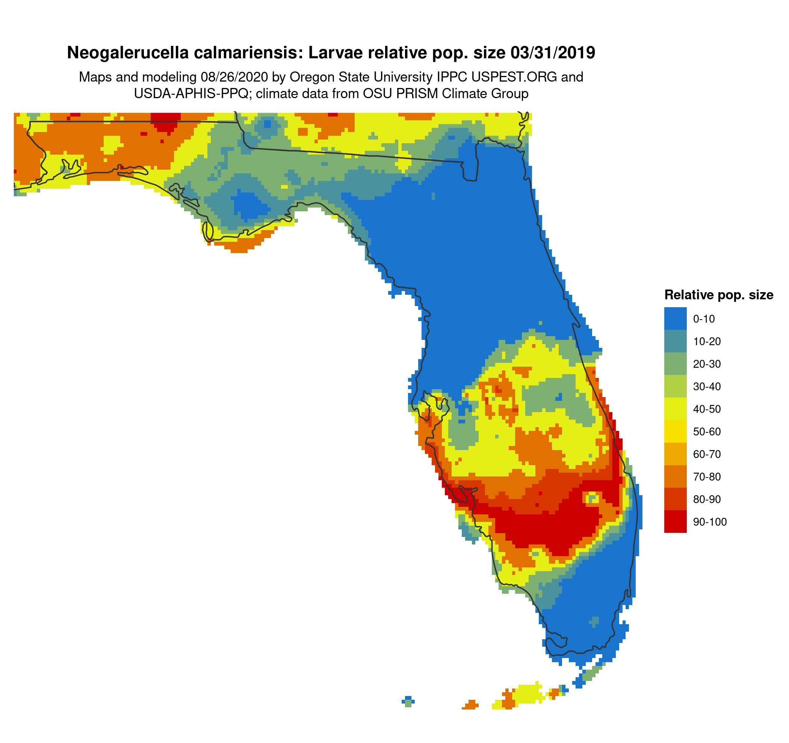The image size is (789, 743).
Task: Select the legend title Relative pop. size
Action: tap(718, 295)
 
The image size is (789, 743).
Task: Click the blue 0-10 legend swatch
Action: tap(675, 318)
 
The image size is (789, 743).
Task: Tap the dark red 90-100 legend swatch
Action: tap(675, 522)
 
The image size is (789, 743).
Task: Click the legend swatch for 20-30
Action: tap(675, 364)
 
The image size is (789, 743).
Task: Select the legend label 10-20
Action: tap(707, 341)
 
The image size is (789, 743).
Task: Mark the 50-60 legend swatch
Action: tap(675, 431)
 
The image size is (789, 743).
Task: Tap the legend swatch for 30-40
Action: tap(675, 387)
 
